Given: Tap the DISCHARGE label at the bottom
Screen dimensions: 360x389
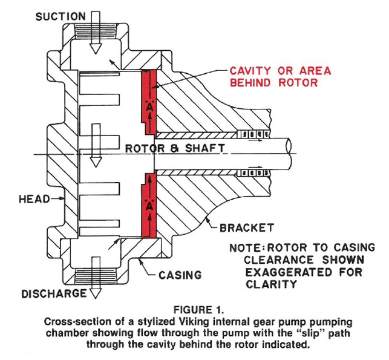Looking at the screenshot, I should point(51,295).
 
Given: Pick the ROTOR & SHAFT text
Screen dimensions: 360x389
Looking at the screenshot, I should point(175,148).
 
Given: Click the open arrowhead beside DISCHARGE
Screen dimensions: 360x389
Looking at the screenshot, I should point(94,293).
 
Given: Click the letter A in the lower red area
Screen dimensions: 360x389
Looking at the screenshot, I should point(149,205).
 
